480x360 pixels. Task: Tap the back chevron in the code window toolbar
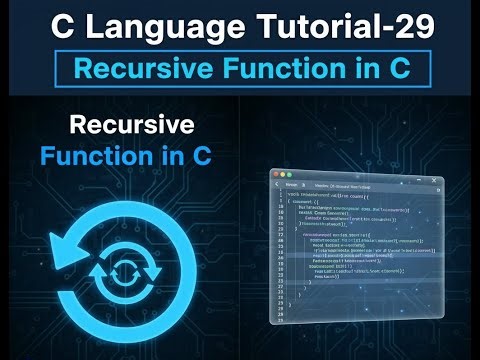point(276,183)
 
